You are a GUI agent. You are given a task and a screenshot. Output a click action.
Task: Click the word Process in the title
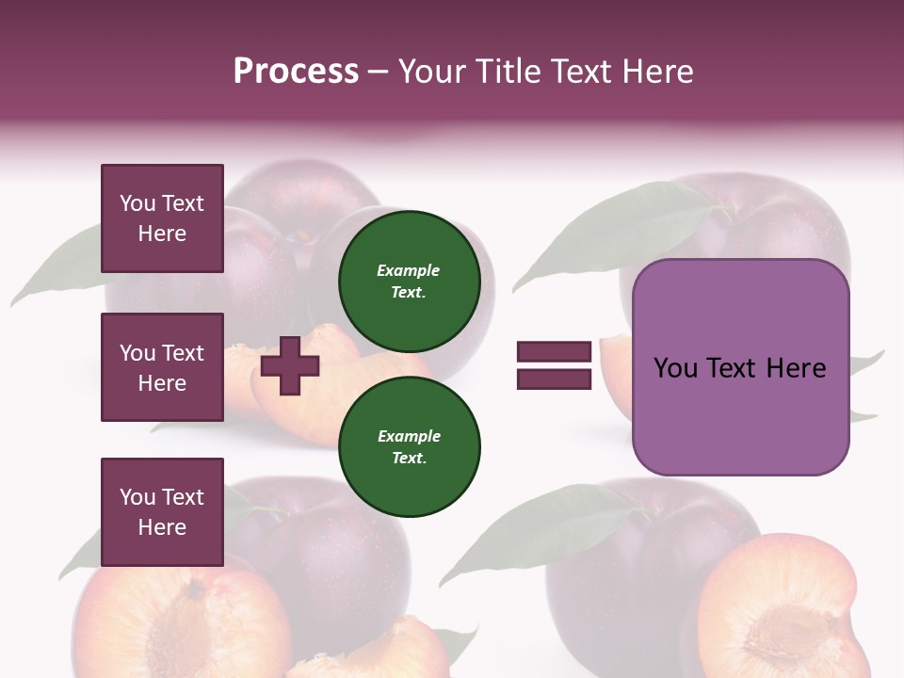pyautogui.click(x=296, y=72)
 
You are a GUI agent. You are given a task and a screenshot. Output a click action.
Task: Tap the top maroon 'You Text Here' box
pyautogui.click(x=162, y=218)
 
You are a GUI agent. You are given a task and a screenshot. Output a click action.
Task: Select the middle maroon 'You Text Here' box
pyautogui.click(x=162, y=367)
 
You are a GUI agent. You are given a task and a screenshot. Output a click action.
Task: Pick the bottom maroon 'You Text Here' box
pyautogui.click(x=162, y=511)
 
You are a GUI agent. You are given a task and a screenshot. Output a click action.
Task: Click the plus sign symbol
pyautogui.click(x=290, y=365)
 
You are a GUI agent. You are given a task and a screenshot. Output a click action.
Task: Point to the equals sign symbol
pyautogui.click(x=554, y=365)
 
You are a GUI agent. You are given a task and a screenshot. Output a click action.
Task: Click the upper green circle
pyautogui.click(x=410, y=281)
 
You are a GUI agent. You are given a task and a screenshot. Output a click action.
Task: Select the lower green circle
pyautogui.click(x=410, y=446)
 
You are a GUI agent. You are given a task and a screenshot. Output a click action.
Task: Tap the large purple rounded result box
pyautogui.click(x=740, y=367)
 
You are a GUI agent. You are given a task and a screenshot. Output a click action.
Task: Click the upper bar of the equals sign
pyautogui.click(x=554, y=352)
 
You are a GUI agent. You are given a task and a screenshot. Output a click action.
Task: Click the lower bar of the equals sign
pyautogui.click(x=554, y=379)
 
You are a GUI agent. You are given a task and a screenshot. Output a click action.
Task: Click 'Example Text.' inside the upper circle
pyautogui.click(x=409, y=281)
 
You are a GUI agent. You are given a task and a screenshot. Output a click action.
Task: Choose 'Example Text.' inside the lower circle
pyautogui.click(x=410, y=446)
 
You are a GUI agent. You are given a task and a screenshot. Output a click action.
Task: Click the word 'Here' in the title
pyautogui.click(x=658, y=72)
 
